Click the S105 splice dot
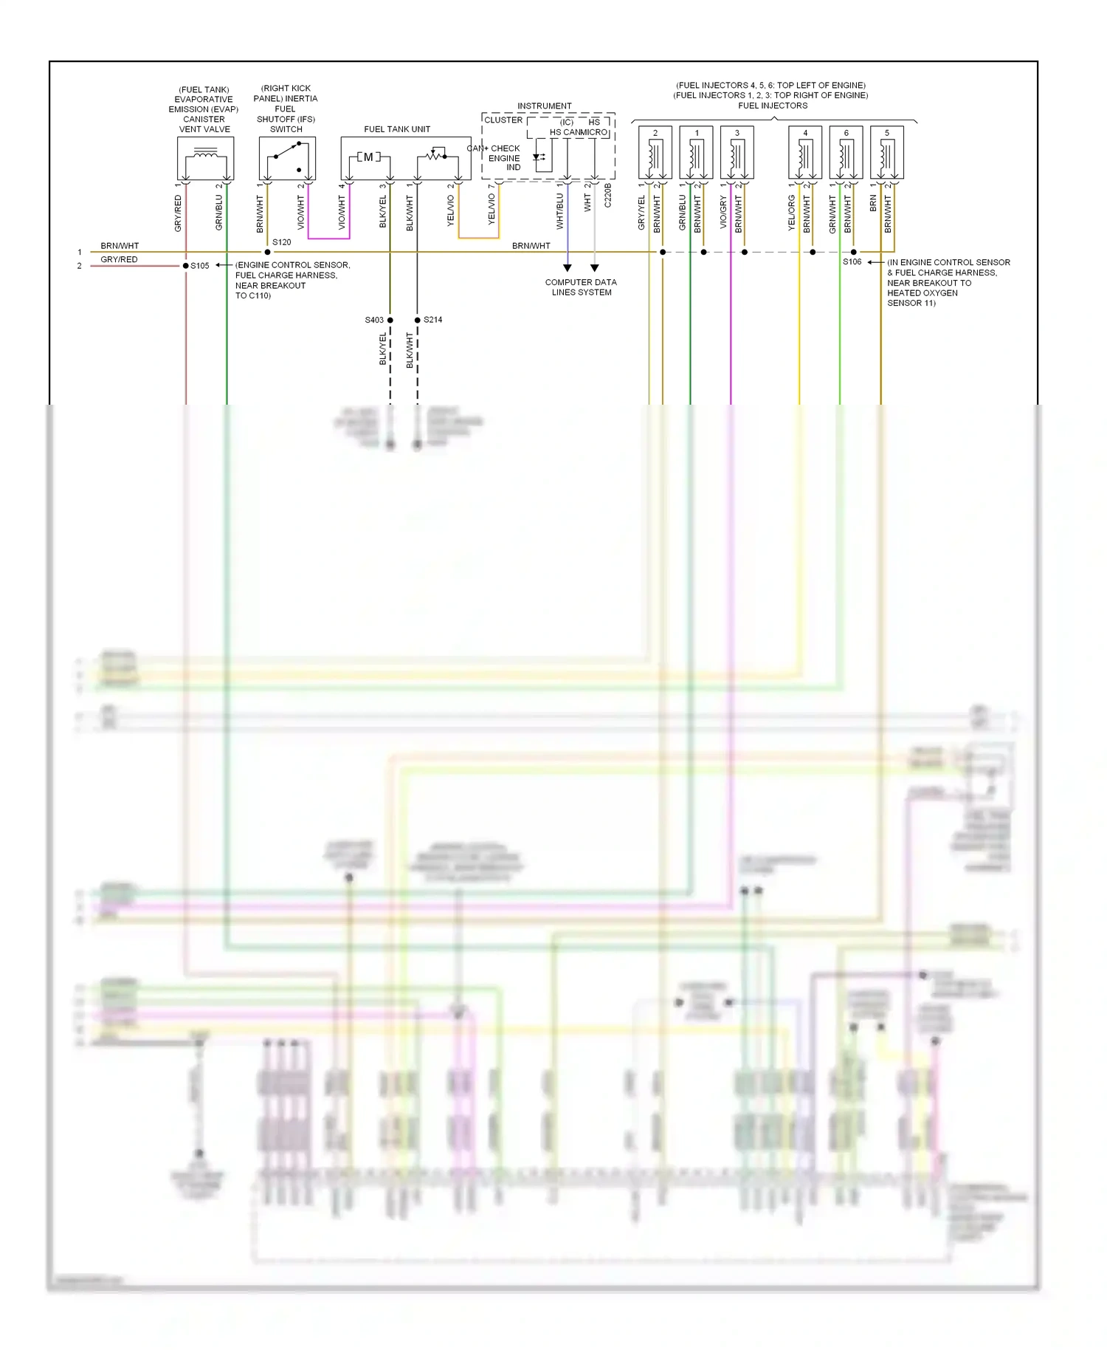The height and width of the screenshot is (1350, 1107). (x=186, y=266)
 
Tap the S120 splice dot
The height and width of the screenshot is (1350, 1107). (x=267, y=252)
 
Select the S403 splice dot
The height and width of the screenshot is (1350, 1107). (x=390, y=320)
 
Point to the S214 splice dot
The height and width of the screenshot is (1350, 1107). (x=418, y=320)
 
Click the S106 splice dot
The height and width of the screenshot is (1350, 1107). (x=854, y=252)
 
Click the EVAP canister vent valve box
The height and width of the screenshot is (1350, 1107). (x=205, y=157)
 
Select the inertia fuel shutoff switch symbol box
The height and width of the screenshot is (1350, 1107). (x=287, y=157)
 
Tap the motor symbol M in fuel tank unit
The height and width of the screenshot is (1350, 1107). (x=368, y=157)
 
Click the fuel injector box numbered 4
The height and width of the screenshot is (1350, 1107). (x=804, y=152)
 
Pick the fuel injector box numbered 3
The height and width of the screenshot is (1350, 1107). (x=737, y=152)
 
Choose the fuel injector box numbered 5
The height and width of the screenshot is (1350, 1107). (x=886, y=152)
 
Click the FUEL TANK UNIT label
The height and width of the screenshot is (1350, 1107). (x=397, y=129)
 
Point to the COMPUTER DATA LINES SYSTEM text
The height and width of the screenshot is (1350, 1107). (x=581, y=287)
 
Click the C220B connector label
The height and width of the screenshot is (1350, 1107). (x=608, y=196)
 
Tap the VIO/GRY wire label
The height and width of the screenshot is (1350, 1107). (x=723, y=213)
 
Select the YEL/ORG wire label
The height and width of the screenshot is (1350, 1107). (x=792, y=213)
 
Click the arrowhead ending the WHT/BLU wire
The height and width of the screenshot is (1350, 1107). (x=568, y=268)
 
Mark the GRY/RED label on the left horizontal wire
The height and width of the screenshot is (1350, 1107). (x=119, y=259)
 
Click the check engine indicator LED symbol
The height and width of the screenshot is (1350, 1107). (x=538, y=157)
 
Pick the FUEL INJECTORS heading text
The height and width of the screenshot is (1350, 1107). (x=773, y=106)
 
